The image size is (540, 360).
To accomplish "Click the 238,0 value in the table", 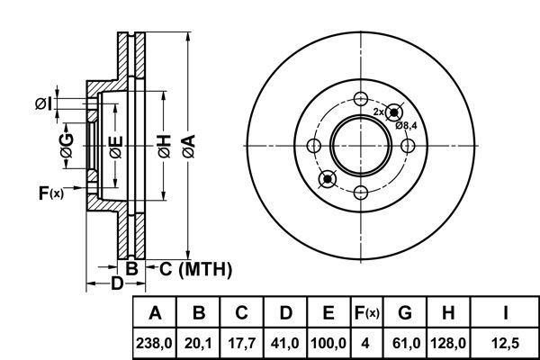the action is (x=154, y=343).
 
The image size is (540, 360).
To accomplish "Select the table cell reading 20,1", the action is (x=198, y=343).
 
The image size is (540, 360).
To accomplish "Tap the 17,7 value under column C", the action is (x=242, y=343).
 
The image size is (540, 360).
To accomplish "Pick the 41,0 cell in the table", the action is (x=285, y=343).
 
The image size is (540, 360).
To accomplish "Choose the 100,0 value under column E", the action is (x=328, y=343).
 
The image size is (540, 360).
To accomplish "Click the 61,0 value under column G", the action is (x=406, y=343).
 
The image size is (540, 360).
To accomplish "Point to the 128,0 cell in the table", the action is (x=448, y=343).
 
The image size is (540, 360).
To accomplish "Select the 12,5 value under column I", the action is (x=505, y=343).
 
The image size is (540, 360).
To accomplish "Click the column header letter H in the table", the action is (x=448, y=313).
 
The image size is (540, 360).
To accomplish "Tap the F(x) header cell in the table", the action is (x=367, y=313).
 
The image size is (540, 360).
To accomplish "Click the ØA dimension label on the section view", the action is (x=189, y=146).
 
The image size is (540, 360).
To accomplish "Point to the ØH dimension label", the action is (x=165, y=146).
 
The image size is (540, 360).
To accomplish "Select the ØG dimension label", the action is (x=67, y=146).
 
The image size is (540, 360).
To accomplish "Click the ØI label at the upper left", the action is (x=44, y=103).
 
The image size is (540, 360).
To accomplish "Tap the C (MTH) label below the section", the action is (x=195, y=269).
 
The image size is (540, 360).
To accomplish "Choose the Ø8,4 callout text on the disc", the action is (x=406, y=125).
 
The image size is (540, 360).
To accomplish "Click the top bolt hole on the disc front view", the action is (x=361, y=98).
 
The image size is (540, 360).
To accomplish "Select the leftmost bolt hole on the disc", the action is (x=313, y=146).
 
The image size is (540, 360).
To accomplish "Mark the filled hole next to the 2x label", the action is (x=393, y=112).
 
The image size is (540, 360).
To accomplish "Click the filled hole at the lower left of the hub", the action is (x=328, y=179).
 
